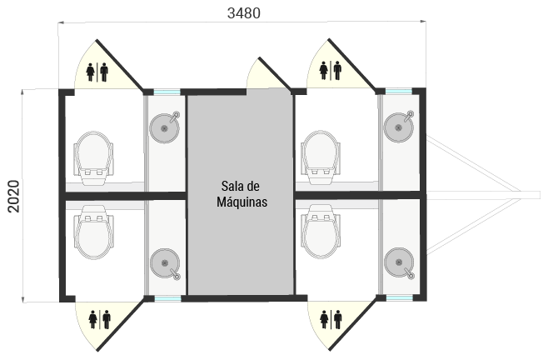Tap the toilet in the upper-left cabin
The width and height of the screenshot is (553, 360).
click(x=93, y=157)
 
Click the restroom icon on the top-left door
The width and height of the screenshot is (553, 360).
click(x=97, y=72)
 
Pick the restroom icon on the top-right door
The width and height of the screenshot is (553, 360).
click(x=330, y=72)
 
